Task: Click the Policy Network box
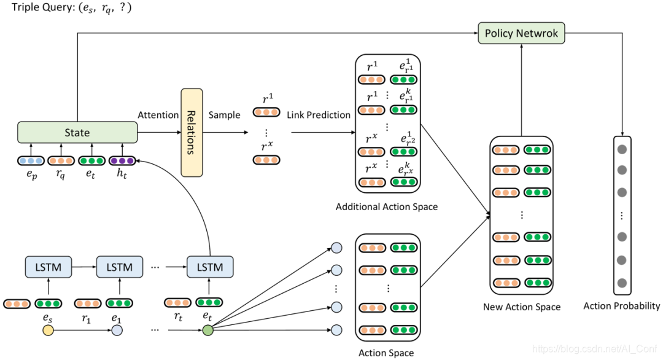[521, 33]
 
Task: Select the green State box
[77, 132]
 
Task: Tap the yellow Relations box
[191, 133]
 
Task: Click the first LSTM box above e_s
[48, 267]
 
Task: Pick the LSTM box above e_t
[210, 267]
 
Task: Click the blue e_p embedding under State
[31, 161]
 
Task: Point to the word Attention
[158, 115]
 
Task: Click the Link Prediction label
[319, 115]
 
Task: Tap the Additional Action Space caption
[387, 206]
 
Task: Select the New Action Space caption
[522, 307]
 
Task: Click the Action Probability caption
[622, 305]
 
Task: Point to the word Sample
[225, 115]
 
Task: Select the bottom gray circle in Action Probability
[622, 283]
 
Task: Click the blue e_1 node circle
[117, 331]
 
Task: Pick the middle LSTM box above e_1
[120, 267]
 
